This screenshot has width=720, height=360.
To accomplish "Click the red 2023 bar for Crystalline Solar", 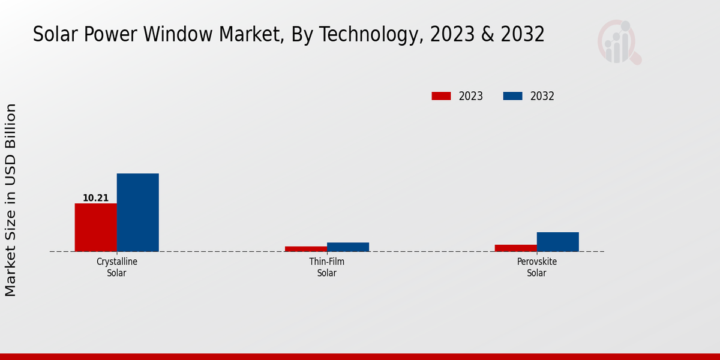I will (x=95, y=227).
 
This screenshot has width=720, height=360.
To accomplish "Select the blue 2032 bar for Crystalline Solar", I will (x=137, y=212).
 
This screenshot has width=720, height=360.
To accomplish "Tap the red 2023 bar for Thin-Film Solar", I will (x=305, y=248).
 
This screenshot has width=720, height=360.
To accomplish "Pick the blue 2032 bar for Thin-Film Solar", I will (x=347, y=247).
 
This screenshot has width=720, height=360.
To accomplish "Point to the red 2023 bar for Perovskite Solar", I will (x=515, y=248).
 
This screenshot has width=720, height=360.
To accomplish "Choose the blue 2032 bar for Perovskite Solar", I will (x=557, y=242).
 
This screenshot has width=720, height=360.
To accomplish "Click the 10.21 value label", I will (x=95, y=198).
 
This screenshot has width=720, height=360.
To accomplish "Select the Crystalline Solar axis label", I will (x=116, y=268).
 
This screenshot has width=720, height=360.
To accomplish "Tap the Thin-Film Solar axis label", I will (x=326, y=268).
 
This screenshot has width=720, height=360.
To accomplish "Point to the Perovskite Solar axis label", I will (x=536, y=268).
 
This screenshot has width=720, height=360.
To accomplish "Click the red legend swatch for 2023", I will (x=441, y=96).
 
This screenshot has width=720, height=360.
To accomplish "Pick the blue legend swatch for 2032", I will (x=512, y=96).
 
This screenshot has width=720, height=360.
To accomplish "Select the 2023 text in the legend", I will (x=471, y=96).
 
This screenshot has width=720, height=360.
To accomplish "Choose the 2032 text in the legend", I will (x=542, y=96).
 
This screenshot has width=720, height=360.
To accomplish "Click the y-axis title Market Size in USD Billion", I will (x=11, y=200).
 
